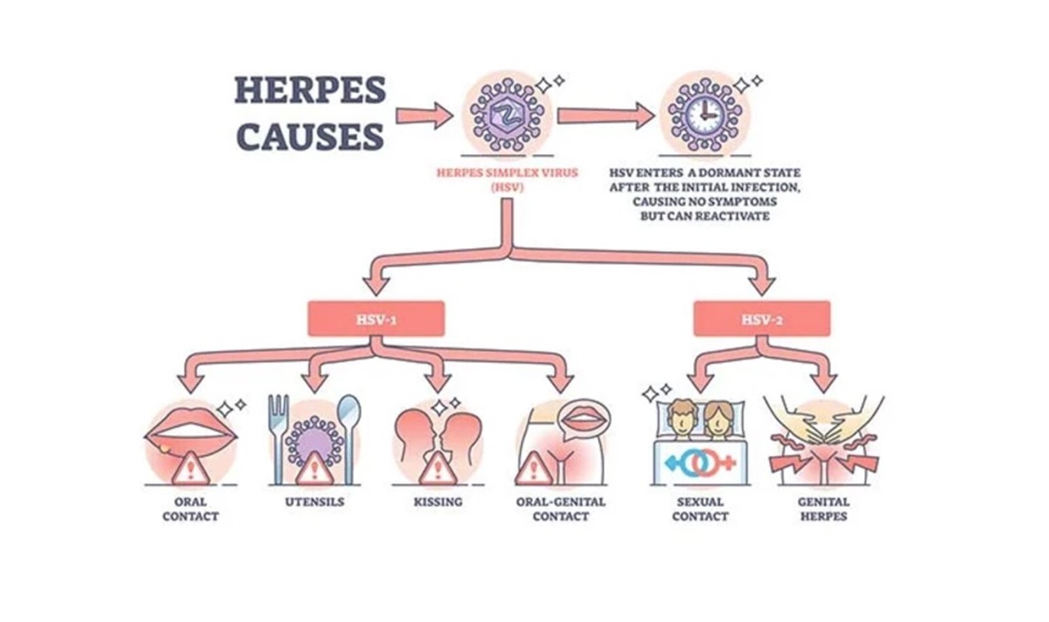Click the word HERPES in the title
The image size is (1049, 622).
click(x=309, y=91)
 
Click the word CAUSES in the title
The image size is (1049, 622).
click(x=309, y=136)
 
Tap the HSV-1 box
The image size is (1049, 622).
click(x=376, y=320)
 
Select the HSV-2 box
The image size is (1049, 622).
click(x=762, y=320)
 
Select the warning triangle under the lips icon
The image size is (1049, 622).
click(x=191, y=468)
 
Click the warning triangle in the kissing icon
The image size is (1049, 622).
click(x=437, y=468)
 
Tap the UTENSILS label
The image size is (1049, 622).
click(x=315, y=502)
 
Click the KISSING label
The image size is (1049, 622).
click(x=438, y=502)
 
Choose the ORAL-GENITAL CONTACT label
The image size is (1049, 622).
click(x=561, y=509)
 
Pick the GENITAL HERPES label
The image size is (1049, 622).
click(x=823, y=509)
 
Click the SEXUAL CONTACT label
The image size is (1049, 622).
click(x=700, y=509)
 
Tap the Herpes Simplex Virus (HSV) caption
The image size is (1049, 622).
click(x=507, y=180)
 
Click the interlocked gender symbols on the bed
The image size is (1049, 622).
click(x=700, y=463)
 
